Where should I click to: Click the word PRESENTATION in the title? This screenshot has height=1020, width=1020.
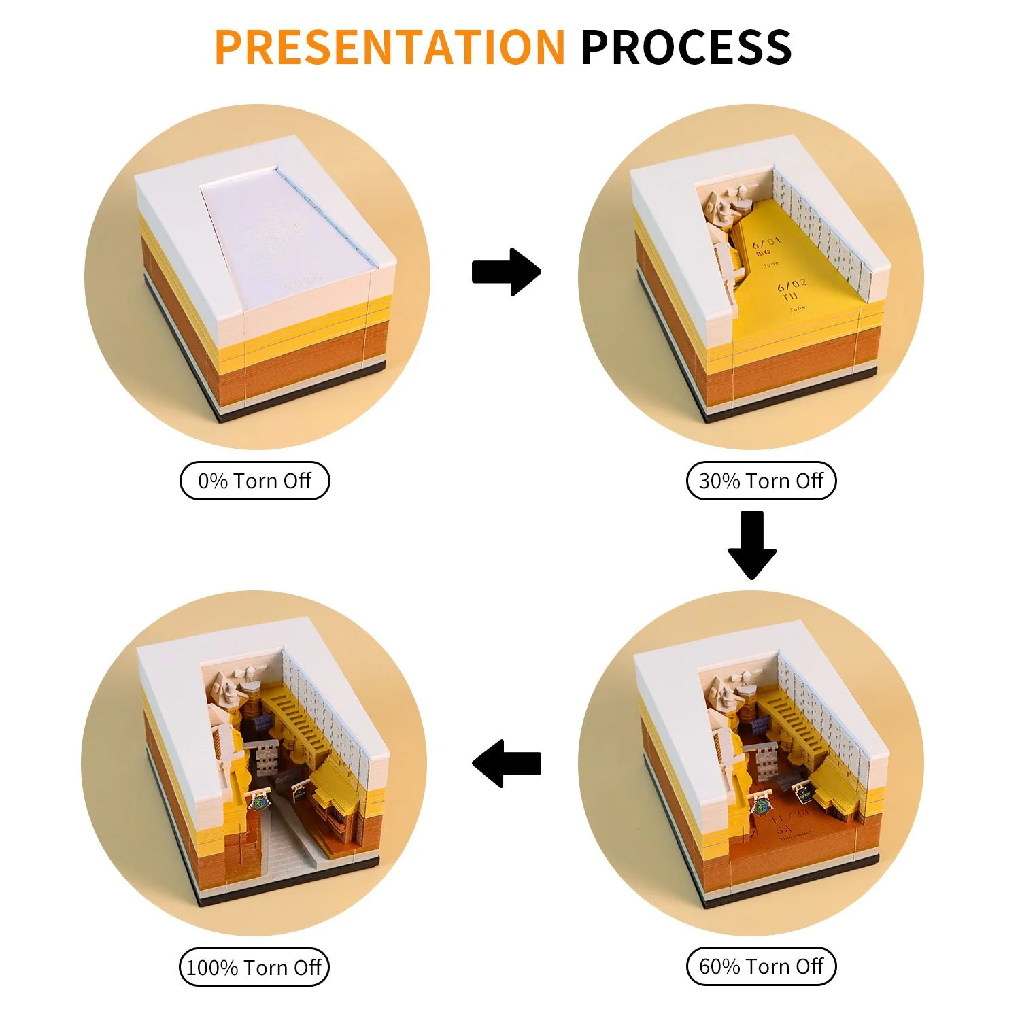[x=389, y=47]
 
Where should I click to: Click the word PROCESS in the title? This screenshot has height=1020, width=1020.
[x=685, y=47]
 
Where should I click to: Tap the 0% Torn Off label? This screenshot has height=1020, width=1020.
[x=254, y=481]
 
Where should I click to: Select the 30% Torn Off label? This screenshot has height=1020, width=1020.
[x=761, y=481]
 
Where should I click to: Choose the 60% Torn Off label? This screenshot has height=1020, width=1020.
[x=761, y=966]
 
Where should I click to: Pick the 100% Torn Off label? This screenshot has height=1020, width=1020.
[x=254, y=967]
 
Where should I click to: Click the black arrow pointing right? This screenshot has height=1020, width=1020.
[x=506, y=272]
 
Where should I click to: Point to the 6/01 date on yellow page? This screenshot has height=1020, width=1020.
[x=766, y=244]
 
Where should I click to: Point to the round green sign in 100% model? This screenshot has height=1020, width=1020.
[x=259, y=802]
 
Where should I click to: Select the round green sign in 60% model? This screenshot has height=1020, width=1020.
[x=760, y=807]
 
